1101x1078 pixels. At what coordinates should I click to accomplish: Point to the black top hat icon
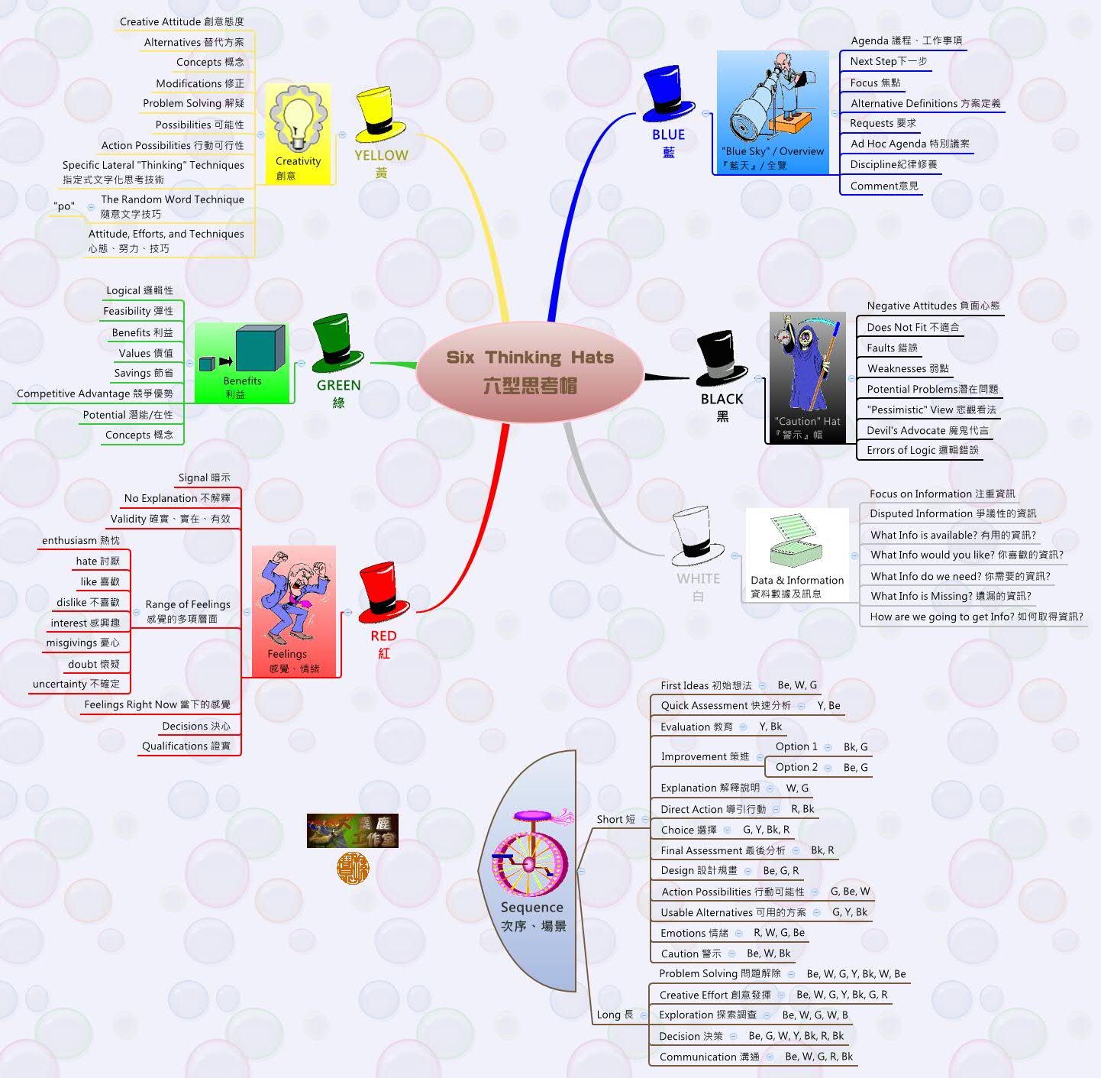pos(720,359)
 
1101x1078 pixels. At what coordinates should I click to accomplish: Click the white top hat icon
pos(697,537)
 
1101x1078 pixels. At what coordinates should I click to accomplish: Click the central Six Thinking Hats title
pos(530,371)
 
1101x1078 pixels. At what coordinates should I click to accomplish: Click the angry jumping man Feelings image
pos(293,600)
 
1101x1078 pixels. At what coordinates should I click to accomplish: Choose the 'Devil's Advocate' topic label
pos(927,430)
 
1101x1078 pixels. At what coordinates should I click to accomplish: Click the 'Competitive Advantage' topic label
pos(95,393)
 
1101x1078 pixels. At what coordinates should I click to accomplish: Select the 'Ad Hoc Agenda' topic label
pos(909,144)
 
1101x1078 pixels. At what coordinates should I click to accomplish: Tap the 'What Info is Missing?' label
pos(951,596)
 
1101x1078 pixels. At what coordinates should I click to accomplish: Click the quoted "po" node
pos(65,206)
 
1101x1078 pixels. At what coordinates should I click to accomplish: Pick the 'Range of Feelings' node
pos(187,611)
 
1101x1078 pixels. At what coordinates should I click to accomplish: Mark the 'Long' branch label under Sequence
pos(615,1015)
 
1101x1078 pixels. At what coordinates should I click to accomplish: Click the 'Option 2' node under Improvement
pos(796,767)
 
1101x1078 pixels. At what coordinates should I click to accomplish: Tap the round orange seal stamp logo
pos(353,869)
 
